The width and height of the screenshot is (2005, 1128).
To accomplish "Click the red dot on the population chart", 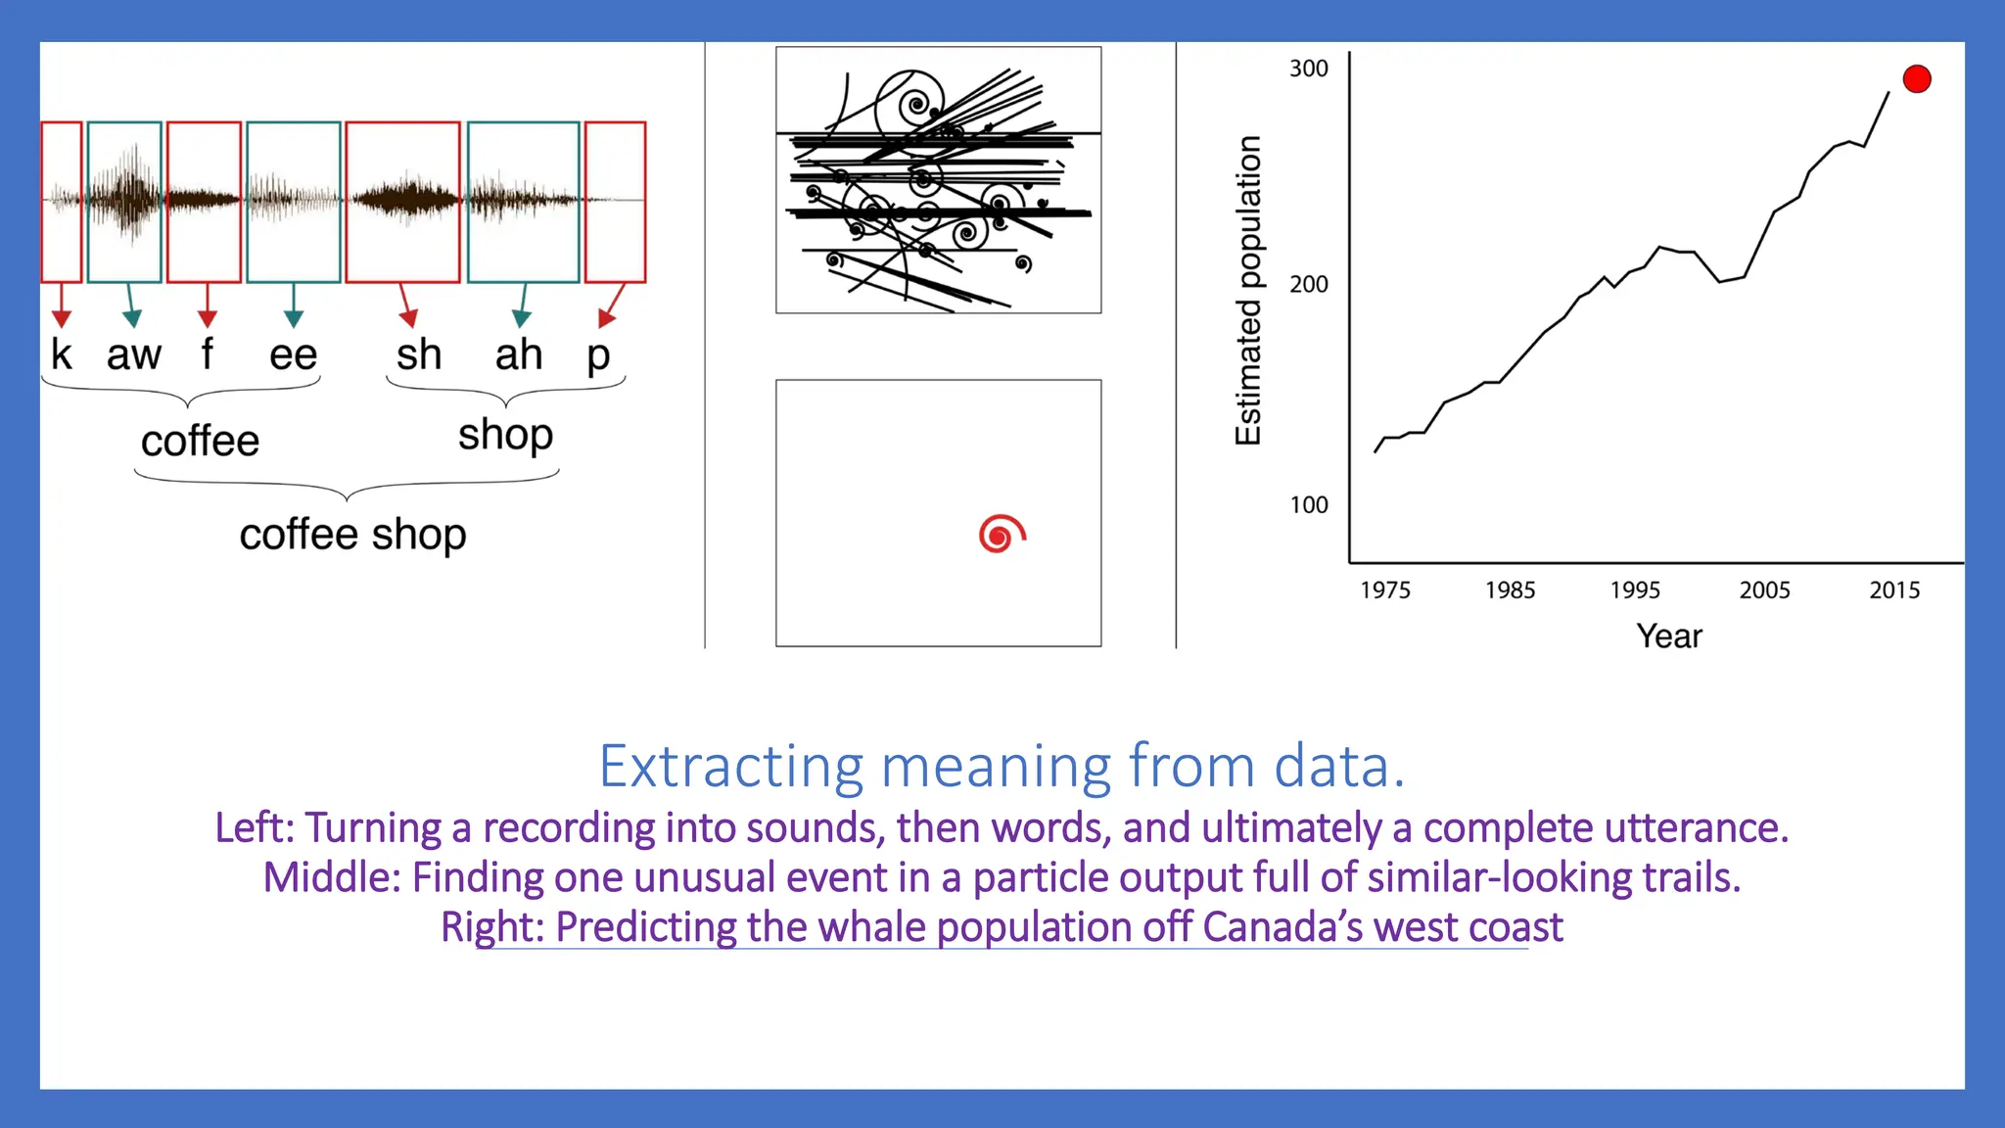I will pyautogui.click(x=1916, y=79).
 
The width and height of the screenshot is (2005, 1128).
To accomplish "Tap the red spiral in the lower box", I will pyautogui.click(x=1001, y=534).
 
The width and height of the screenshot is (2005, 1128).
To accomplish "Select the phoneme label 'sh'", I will pyautogui.click(x=419, y=354).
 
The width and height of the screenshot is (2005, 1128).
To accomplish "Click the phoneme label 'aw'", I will pyautogui.click(x=134, y=354).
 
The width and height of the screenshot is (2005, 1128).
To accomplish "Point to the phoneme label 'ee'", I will pyautogui.click(x=294, y=354).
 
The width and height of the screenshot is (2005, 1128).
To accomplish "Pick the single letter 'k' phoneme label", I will pyautogui.click(x=62, y=354).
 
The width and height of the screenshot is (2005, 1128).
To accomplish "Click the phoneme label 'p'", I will pyautogui.click(x=598, y=356).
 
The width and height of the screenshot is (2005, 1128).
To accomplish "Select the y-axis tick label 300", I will pyautogui.click(x=1308, y=69).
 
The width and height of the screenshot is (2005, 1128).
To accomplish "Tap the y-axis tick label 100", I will pyautogui.click(x=1308, y=505).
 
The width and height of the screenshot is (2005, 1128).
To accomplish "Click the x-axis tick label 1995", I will pyautogui.click(x=1635, y=590).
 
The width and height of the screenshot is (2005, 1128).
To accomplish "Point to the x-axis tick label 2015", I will pyautogui.click(x=1894, y=590).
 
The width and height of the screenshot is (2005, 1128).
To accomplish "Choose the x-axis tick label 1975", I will pyautogui.click(x=1385, y=590).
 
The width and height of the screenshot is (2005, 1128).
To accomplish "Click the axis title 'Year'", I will pyautogui.click(x=1669, y=636).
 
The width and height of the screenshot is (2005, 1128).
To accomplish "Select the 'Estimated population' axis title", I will pyautogui.click(x=1248, y=291).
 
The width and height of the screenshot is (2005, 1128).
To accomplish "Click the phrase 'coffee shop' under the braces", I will pyautogui.click(x=352, y=536).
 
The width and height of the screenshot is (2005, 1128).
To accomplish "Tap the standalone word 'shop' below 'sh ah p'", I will pyautogui.click(x=505, y=435).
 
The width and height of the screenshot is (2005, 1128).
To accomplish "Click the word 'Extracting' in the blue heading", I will pyautogui.click(x=731, y=767).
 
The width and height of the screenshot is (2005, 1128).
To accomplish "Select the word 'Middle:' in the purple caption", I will pyautogui.click(x=332, y=877).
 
